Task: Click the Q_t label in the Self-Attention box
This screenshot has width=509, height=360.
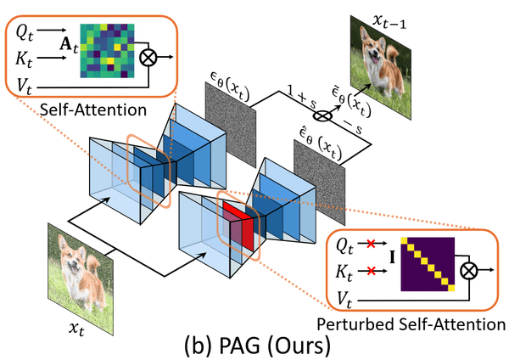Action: tap(23, 34)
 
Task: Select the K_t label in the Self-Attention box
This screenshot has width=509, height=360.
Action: tap(23, 59)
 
